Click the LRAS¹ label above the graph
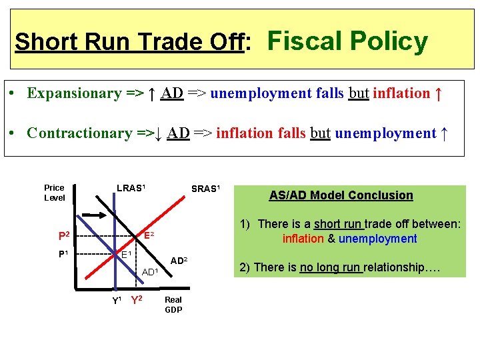(131, 188)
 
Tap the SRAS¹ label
(205, 189)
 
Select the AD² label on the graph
(179, 259)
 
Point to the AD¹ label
(150, 272)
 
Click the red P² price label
(65, 236)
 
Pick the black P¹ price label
(64, 254)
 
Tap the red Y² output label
(136, 300)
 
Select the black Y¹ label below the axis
(116, 300)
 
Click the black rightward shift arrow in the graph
(93, 215)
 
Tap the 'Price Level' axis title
(55, 193)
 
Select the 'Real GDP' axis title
(173, 305)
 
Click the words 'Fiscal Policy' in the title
(347, 41)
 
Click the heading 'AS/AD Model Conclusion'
(341, 195)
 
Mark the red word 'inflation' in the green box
(303, 239)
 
